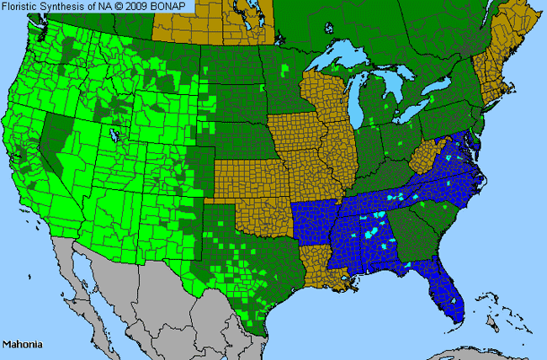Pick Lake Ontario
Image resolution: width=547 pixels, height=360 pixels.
click(x=437, y=88)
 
